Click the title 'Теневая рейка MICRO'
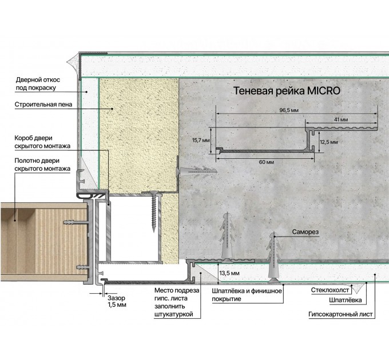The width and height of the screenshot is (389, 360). (x=287, y=91)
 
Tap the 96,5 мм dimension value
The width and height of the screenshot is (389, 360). (x=289, y=110)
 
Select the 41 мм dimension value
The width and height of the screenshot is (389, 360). (x=341, y=119)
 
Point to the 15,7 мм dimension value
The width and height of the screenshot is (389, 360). (x=201, y=141)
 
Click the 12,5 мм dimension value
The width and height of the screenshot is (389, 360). (x=328, y=142)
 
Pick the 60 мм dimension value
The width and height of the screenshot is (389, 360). (x=267, y=162)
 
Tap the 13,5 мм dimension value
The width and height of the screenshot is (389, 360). (x=229, y=273)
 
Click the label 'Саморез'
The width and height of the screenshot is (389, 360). (x=305, y=232)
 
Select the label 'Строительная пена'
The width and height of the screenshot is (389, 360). (x=43, y=105)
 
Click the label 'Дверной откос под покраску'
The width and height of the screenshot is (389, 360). (x=38, y=84)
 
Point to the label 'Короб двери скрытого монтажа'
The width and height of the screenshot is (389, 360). (x=42, y=142)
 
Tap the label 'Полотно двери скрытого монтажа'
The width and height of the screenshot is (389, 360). (x=42, y=165)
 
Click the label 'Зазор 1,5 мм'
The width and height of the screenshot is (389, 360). (x=117, y=301)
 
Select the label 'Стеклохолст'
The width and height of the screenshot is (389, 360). (x=330, y=290)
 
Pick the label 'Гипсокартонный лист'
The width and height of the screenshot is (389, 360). (x=340, y=314)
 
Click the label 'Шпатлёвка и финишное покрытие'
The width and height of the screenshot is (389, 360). (x=247, y=295)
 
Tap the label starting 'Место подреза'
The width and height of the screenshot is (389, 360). (x=177, y=302)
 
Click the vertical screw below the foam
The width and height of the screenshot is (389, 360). (x=154, y=211)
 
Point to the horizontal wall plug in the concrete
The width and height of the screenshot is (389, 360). (x=196, y=171)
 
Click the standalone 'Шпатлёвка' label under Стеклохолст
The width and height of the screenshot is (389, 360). (x=346, y=301)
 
